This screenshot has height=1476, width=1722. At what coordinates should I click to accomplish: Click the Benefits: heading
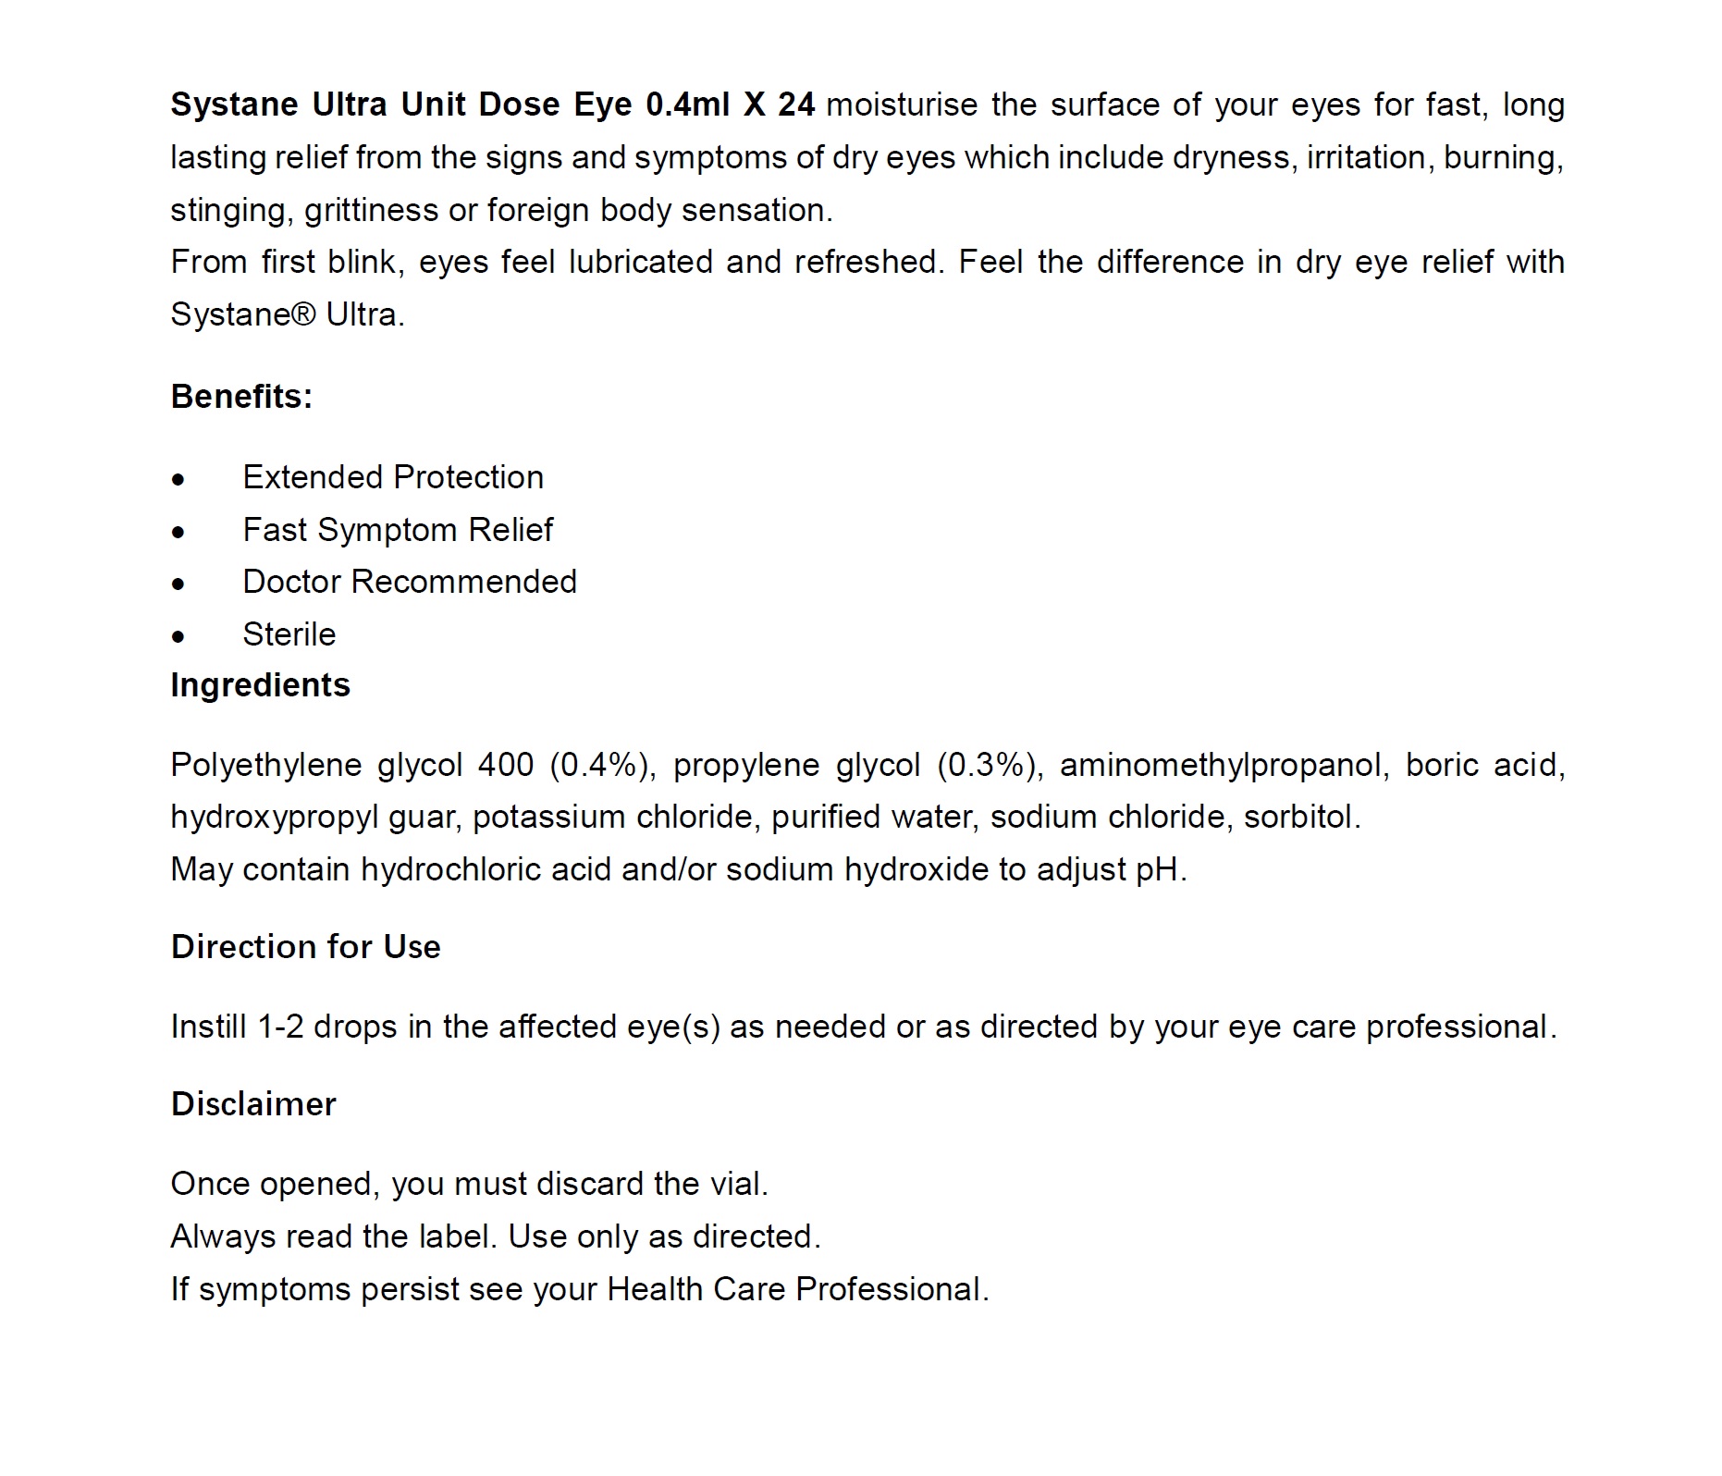click(x=241, y=397)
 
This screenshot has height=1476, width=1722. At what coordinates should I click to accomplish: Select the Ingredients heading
click(x=260, y=685)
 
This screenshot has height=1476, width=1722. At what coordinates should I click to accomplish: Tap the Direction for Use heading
click(x=305, y=947)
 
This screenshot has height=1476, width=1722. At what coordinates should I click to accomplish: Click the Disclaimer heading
click(x=253, y=1104)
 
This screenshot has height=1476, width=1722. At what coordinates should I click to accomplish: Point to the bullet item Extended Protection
click(x=393, y=477)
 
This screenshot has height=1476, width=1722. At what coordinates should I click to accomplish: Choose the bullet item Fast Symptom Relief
click(x=398, y=530)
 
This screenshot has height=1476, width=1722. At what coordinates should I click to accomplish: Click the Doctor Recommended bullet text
click(x=409, y=582)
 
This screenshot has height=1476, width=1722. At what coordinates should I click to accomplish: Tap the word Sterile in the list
click(x=289, y=634)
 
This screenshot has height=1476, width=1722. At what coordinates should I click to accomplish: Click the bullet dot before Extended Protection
click(x=178, y=480)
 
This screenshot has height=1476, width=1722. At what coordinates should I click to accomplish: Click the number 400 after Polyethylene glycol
click(x=506, y=765)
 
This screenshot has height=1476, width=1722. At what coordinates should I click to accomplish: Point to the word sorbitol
click(x=1301, y=818)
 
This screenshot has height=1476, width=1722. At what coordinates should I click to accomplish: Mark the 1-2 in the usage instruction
click(x=281, y=1027)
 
